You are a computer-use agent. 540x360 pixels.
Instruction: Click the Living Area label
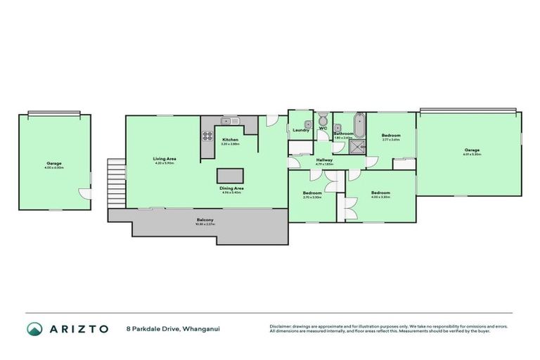165,159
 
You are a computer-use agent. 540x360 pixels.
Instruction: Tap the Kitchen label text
231,140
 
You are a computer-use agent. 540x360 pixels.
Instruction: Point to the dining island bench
228,176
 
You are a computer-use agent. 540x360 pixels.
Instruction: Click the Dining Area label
231,188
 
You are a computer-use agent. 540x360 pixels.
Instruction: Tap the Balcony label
205,221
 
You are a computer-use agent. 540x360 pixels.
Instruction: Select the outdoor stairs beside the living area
115,182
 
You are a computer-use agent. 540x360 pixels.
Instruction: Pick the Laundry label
300,131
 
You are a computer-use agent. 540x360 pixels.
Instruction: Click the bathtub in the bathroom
359,123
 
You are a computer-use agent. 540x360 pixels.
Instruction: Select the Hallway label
324,160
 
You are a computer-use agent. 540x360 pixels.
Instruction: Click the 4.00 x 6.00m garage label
54,165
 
